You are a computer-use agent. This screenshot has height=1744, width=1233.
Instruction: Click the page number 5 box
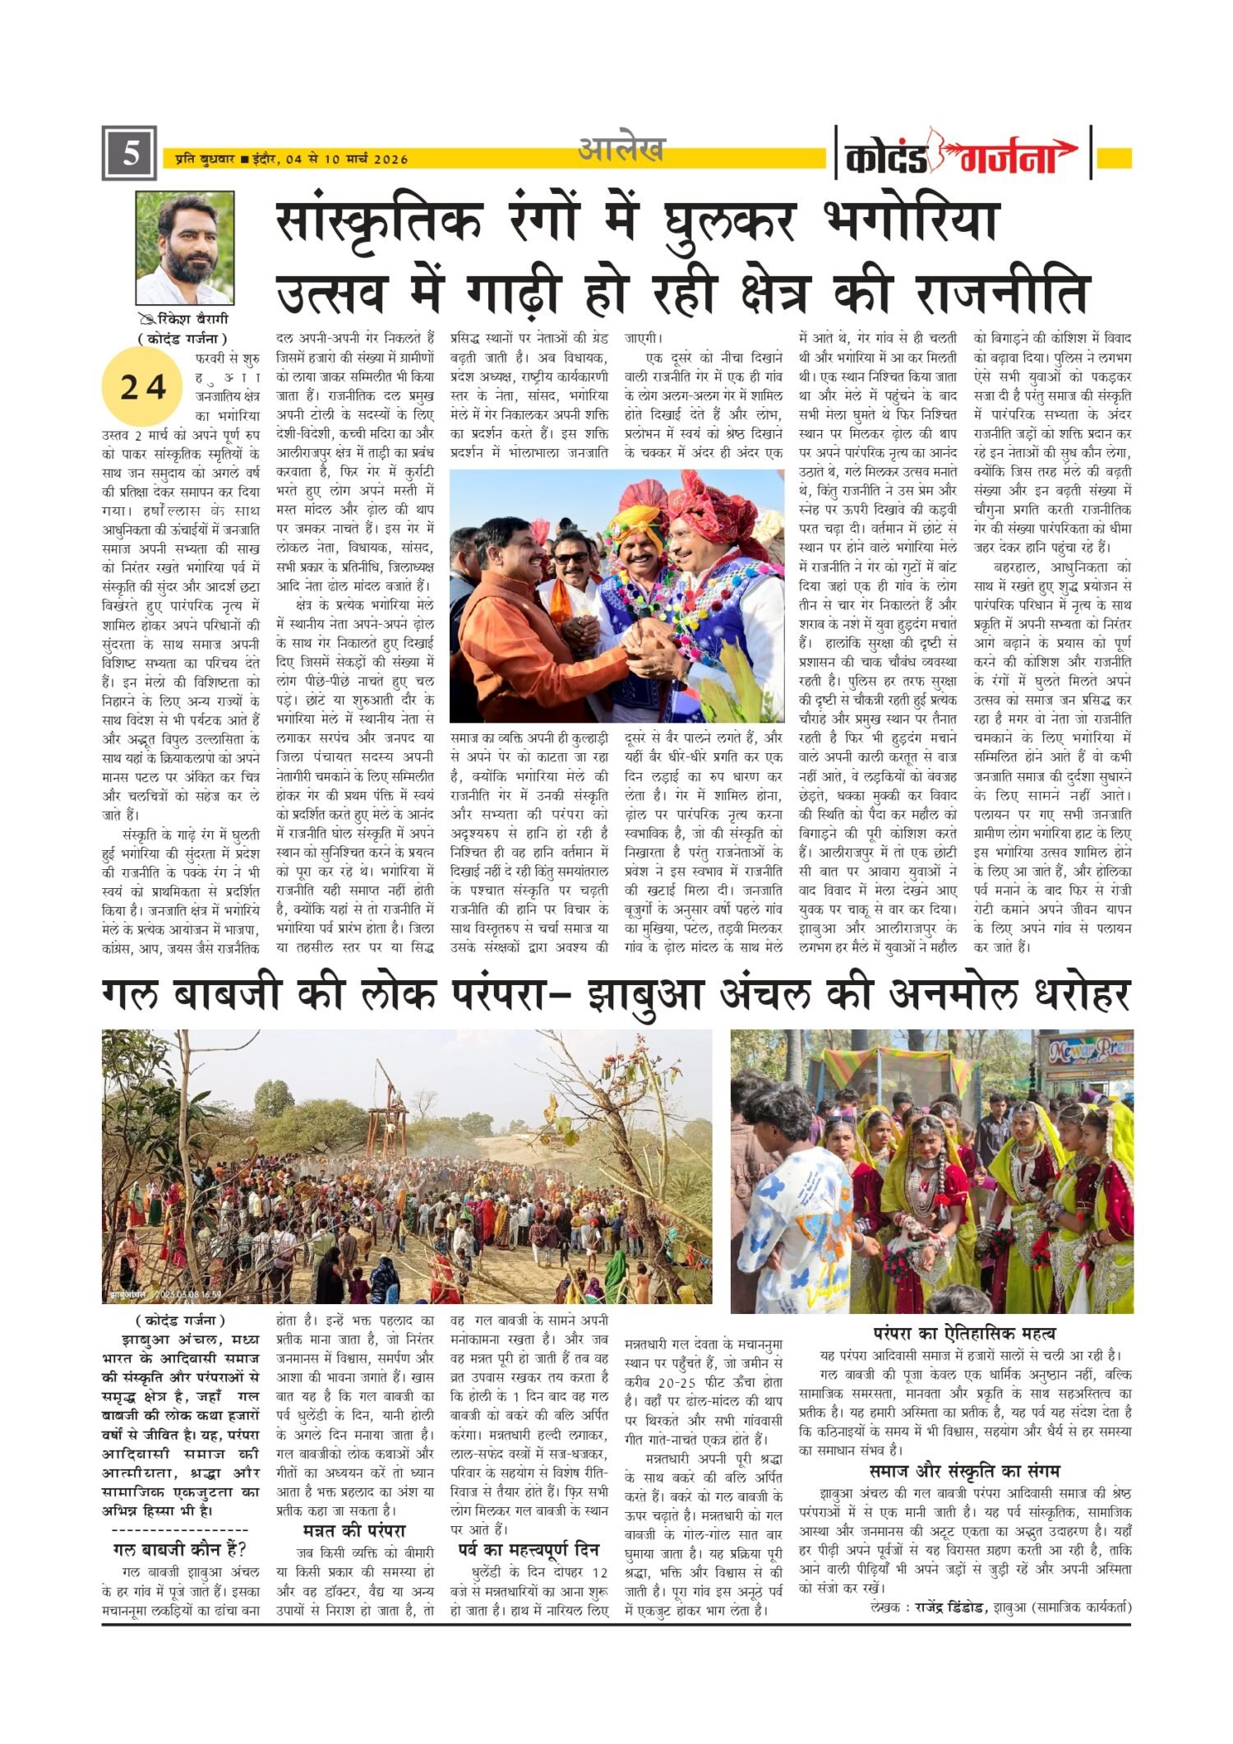point(129,154)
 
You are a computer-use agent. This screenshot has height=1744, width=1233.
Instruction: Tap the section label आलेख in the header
point(621,150)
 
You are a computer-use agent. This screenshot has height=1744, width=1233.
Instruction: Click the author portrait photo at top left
point(185,247)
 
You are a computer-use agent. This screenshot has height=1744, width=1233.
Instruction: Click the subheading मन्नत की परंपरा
point(354,1531)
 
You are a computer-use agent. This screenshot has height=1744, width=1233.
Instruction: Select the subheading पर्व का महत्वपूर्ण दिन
point(529,1549)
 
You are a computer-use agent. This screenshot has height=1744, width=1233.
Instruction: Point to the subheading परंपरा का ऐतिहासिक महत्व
point(964,1333)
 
